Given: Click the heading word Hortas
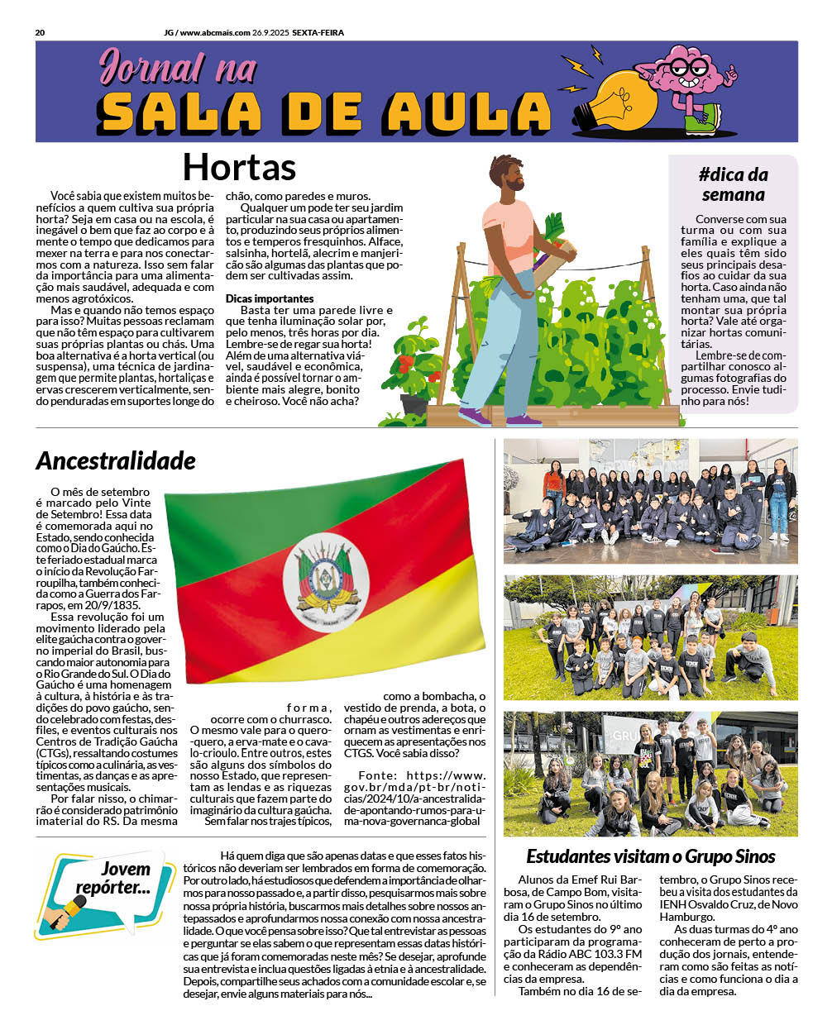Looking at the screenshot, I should pos(239,167).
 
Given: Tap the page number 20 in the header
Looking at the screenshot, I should pos(40,33).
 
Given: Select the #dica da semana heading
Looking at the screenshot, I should pos(733,184).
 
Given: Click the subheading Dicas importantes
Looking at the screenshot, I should pos(270,298).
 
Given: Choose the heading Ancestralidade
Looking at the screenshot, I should pos(116,460).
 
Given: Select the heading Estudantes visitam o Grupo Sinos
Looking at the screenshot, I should pos(651,856).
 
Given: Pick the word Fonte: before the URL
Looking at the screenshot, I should pos(375,775).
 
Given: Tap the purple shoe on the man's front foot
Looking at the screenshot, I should pos(474,416).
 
